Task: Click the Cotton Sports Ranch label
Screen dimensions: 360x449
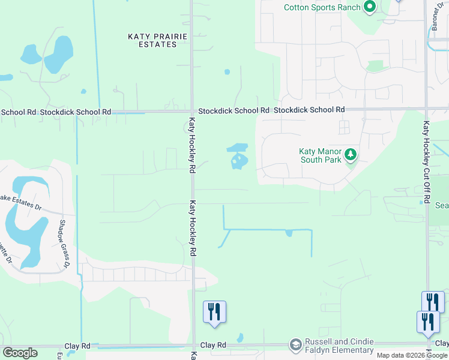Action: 322,7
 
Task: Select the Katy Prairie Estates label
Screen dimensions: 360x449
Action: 158,40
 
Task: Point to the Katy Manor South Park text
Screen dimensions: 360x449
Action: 321,156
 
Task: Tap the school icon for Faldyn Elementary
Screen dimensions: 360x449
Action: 295,344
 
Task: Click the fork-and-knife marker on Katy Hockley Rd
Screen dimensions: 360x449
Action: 214,311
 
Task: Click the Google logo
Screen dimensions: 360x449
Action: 20,353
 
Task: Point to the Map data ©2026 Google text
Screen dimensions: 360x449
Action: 412,355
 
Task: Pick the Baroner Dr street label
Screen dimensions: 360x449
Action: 437,21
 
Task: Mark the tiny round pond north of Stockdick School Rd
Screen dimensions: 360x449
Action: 227,72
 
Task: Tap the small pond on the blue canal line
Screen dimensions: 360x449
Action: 289,233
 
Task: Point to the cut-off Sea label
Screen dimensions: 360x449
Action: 442,205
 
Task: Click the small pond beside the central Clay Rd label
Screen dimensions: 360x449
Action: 240,338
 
